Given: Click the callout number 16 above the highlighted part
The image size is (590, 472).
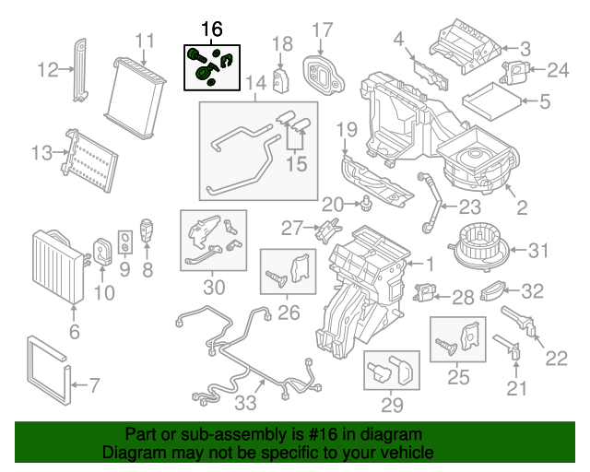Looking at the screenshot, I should tap(211, 29).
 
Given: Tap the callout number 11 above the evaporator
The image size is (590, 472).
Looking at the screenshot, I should tap(145, 41).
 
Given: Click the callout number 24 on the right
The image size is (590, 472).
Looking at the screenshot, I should tap(559, 70).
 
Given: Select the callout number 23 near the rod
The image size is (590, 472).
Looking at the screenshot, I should tap(470, 206).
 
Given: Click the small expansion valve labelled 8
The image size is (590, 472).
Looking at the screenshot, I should tap(146, 230).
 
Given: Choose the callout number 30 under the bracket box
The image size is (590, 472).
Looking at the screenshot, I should tap(213, 287).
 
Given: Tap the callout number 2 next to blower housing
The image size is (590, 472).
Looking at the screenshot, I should tap(521, 208).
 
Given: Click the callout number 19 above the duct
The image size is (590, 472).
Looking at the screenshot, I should tap(346, 128).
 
